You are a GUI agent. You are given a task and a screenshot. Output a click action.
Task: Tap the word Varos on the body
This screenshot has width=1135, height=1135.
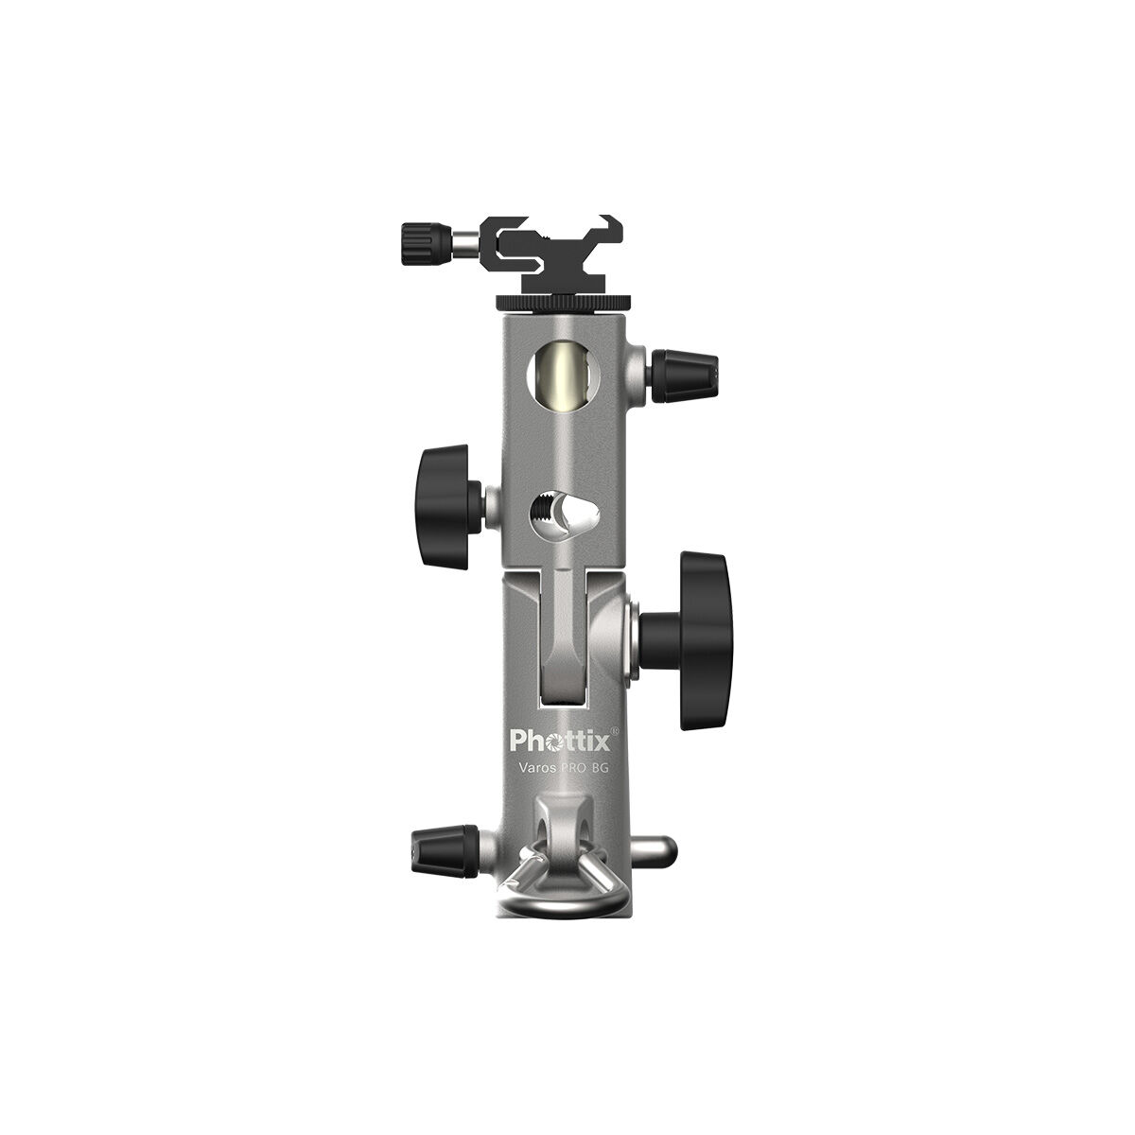coord(534,767)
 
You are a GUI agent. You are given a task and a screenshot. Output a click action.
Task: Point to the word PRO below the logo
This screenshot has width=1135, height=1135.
coord(569,767)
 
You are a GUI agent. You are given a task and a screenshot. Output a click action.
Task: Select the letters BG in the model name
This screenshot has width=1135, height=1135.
coord(598,767)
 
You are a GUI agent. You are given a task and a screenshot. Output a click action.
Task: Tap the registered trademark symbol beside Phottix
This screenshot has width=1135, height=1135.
coord(616,729)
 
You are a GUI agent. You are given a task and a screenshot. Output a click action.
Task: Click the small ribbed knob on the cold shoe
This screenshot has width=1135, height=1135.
coord(423,243)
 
